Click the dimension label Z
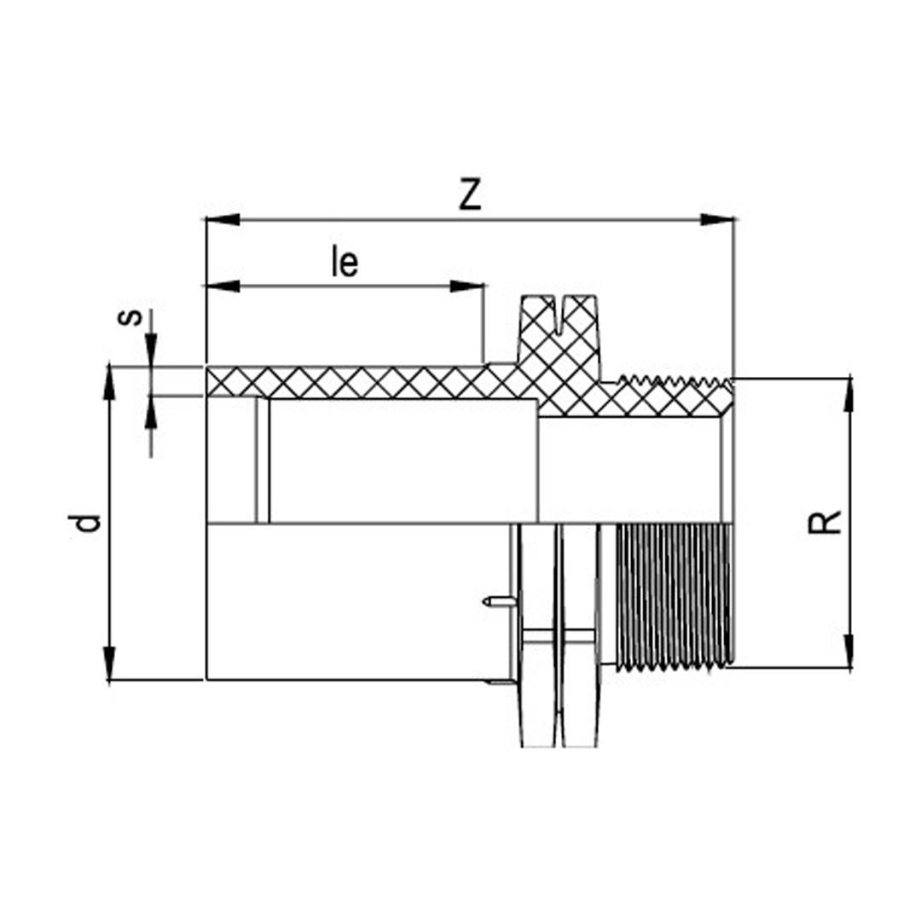pyautogui.click(x=470, y=194)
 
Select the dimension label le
pyautogui.click(x=345, y=263)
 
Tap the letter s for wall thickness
pyautogui.click(x=130, y=317)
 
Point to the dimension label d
pyautogui.click(x=89, y=522)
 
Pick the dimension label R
pyautogui.click(x=825, y=521)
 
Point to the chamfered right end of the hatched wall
pyautogui.click(x=727, y=401)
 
